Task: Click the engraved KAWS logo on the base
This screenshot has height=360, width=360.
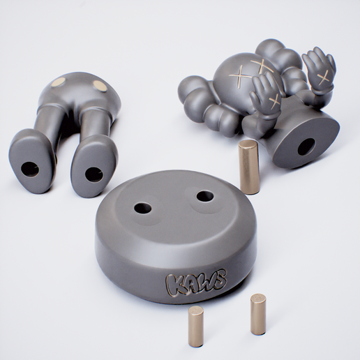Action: pyautogui.click(x=195, y=283)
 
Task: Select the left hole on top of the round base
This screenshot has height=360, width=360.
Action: pyautogui.click(x=142, y=208)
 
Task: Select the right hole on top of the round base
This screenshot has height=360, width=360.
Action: pyautogui.click(x=204, y=196)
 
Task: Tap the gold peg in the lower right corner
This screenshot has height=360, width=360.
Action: pyautogui.click(x=258, y=314)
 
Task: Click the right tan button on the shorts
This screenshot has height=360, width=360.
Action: pyautogui.click(x=100, y=85)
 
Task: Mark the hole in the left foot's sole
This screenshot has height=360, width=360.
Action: pyautogui.click(x=29, y=168)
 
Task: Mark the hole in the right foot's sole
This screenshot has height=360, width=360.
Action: pyautogui.click(x=93, y=174)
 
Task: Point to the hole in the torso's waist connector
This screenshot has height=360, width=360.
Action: pyautogui.click(x=306, y=147)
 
